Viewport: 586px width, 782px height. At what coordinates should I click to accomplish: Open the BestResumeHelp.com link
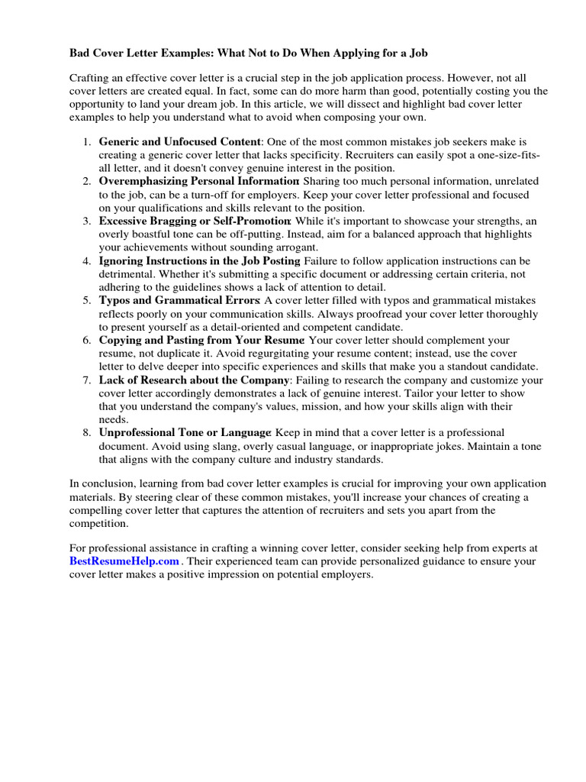tap(124, 561)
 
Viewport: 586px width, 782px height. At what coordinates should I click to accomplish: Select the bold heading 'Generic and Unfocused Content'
tap(180, 142)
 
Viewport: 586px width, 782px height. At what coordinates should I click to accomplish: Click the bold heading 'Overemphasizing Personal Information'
tap(198, 182)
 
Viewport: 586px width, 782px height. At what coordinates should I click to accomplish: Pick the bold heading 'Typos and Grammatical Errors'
tap(179, 301)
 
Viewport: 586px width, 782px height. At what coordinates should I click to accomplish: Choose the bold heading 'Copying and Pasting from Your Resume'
tap(201, 341)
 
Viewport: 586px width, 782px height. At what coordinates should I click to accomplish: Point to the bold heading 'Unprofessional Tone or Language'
tap(185, 433)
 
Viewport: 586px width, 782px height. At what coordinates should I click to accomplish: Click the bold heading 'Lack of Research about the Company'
tap(194, 380)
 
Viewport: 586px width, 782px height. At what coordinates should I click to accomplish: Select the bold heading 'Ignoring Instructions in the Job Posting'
tap(200, 261)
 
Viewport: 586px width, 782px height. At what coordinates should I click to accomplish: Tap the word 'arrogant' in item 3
tap(296, 247)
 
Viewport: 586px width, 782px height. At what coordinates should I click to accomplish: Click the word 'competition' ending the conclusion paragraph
tap(99, 524)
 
